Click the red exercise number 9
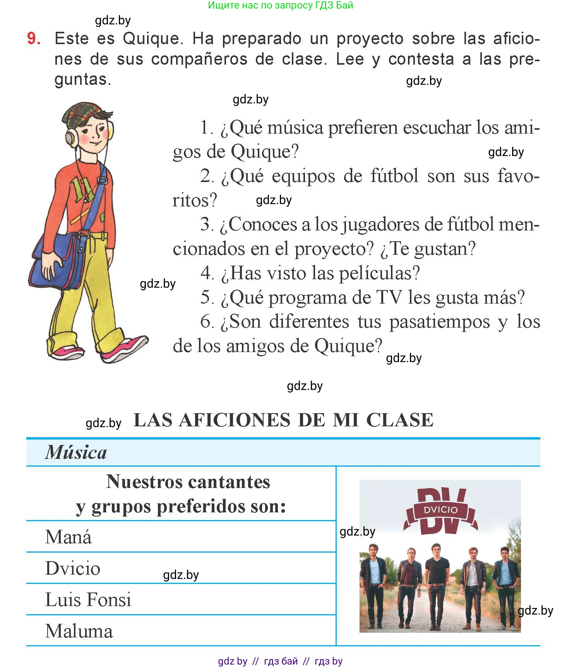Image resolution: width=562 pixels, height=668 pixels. coord(34,38)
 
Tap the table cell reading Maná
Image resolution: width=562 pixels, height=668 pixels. coord(69,537)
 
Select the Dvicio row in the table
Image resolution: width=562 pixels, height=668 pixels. coord(73,568)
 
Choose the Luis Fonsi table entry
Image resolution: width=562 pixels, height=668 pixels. coord(88,600)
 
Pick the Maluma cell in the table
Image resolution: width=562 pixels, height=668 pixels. coord(79,631)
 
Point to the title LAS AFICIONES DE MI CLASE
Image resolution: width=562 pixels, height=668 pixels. coord(283,420)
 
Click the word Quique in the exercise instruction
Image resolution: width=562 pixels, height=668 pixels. coord(151,39)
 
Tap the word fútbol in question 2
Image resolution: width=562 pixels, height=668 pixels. coord(394,176)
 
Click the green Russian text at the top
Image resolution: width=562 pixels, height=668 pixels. coord(280,5)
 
